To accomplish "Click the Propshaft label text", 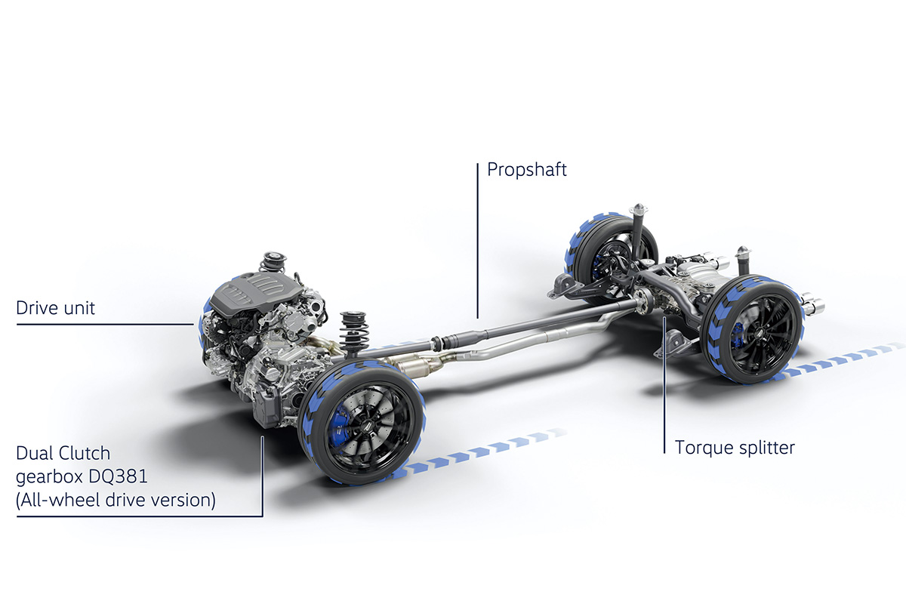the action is coord(527,170).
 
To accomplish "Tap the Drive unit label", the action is coord(55,308).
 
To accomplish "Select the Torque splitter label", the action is coord(735,448).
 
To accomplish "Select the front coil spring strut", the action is coord(354,332).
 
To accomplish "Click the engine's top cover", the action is coord(257,293).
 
